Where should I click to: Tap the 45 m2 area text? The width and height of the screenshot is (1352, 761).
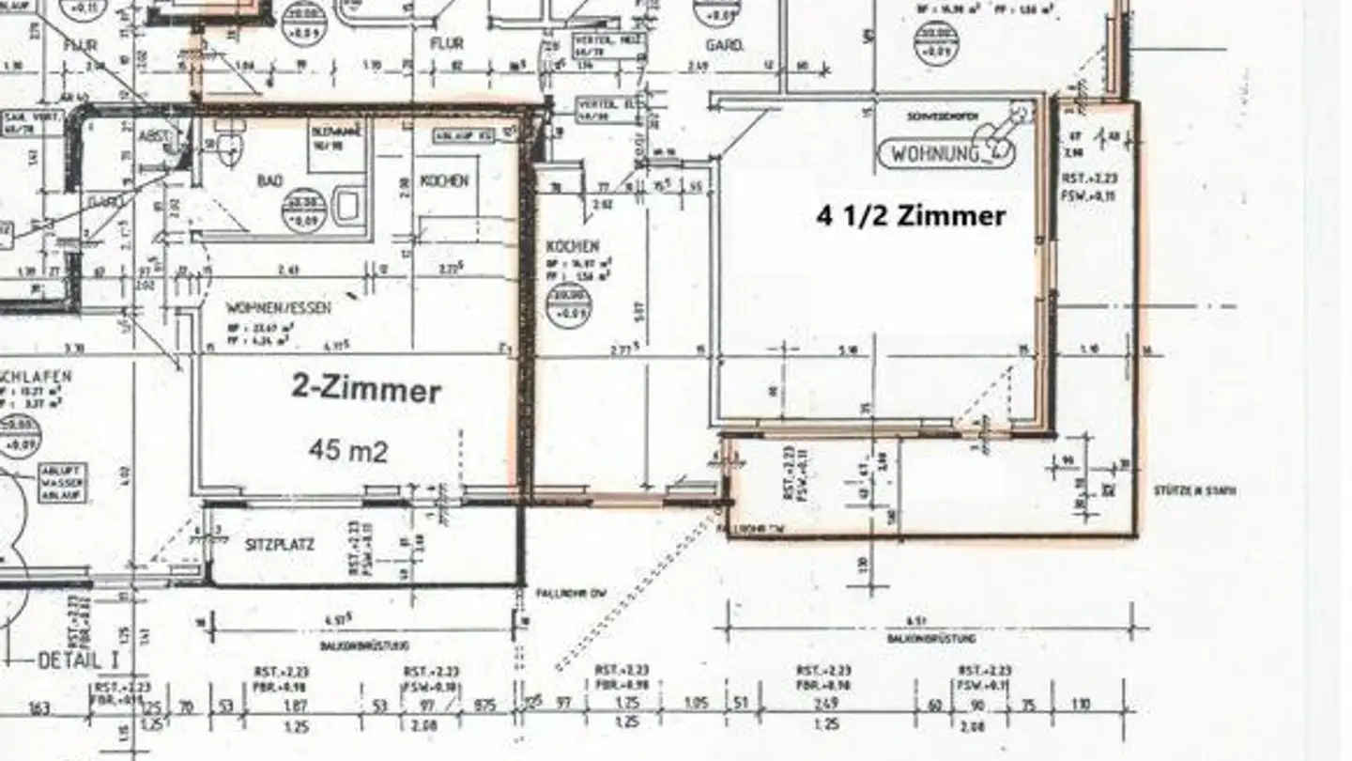pyautogui.click(x=347, y=451)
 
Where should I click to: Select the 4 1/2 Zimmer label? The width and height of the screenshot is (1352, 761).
pyautogui.click(x=911, y=216)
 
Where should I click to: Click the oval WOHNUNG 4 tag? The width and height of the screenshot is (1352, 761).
pyautogui.click(x=947, y=152)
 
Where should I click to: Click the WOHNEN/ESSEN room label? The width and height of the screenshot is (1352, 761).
pyautogui.click(x=278, y=307)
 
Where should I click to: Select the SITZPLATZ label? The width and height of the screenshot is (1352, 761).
pyautogui.click(x=279, y=545)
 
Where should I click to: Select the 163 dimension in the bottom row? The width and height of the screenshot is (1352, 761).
pyautogui.click(x=39, y=707)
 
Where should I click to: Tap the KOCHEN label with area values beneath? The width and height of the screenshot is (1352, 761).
pyautogui.click(x=565, y=246)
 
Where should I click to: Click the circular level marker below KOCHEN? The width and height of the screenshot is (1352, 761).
pyautogui.click(x=568, y=305)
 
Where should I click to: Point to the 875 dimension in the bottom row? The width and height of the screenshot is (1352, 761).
pyautogui.click(x=485, y=706)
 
